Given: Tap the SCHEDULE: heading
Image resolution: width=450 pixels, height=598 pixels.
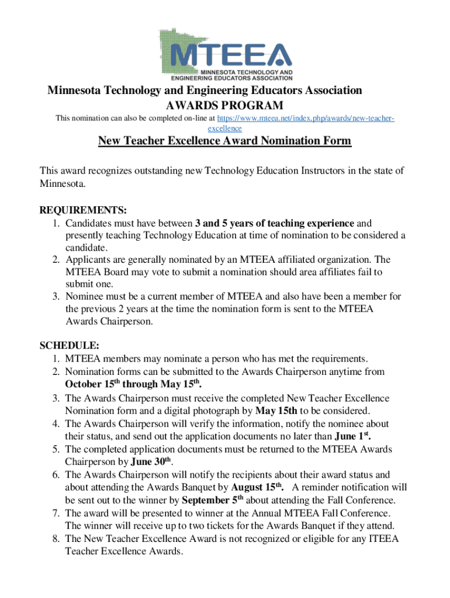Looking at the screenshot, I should point(69,345).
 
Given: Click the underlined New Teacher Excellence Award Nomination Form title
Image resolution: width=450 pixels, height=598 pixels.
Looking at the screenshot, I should point(224,141).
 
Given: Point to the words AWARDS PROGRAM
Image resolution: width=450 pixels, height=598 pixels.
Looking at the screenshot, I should point(225,105).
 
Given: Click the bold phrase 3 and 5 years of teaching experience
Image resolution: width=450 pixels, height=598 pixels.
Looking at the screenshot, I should point(275,223).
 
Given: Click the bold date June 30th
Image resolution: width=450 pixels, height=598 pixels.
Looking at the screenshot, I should point(136,462).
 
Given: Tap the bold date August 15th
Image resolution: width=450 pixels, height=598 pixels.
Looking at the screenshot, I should point(258,487).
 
